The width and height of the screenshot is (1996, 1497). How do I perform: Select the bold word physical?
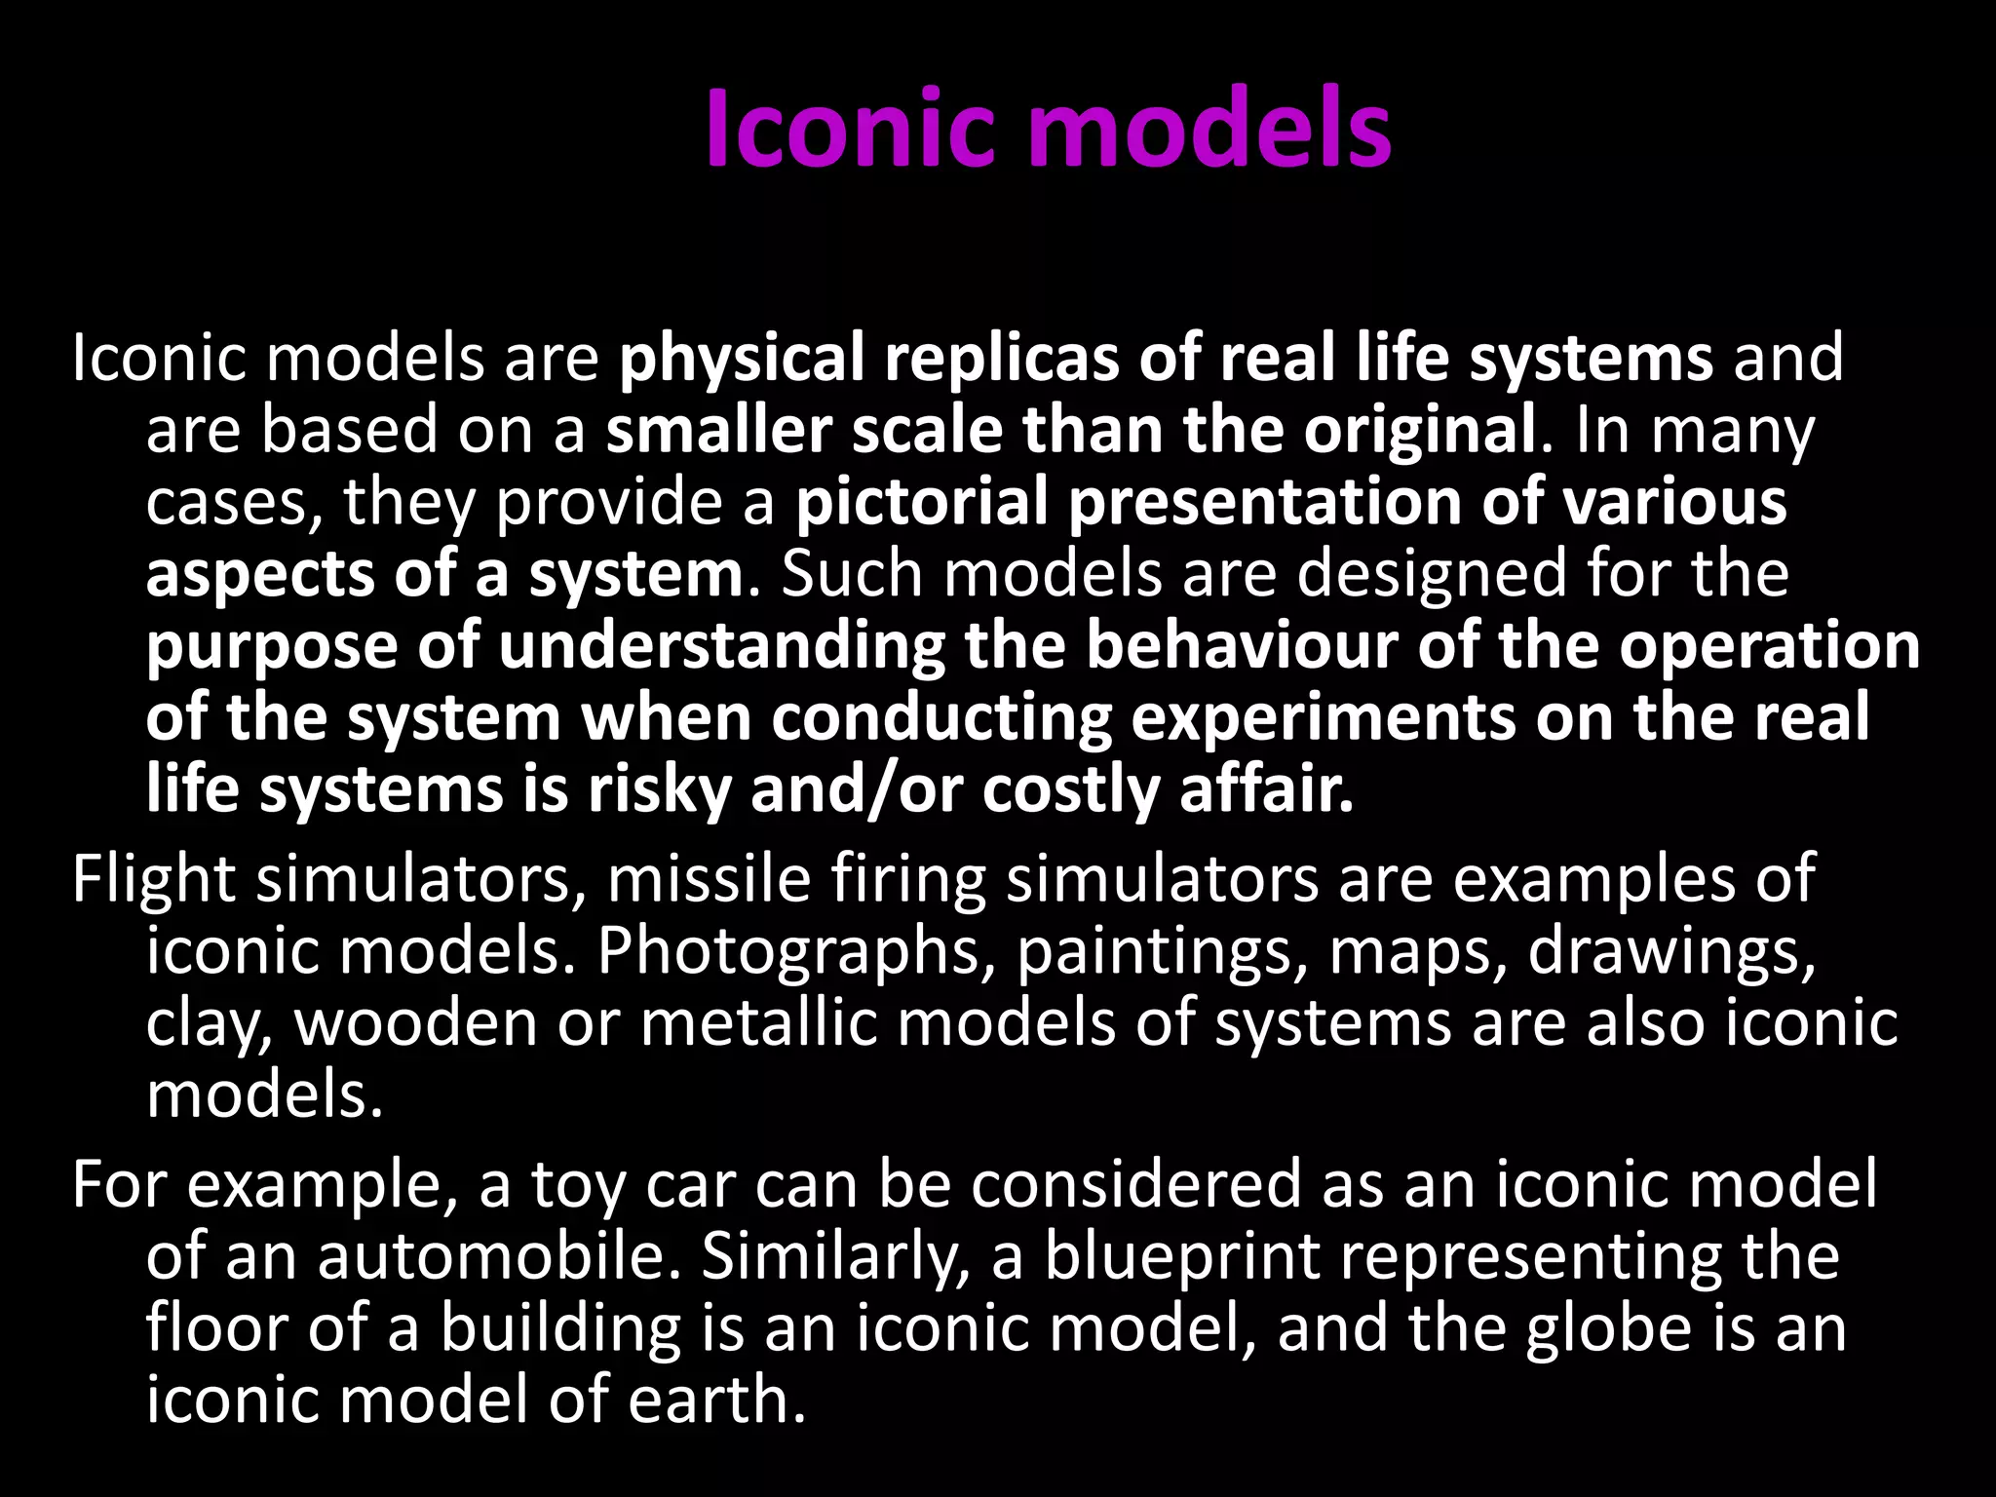(x=742, y=359)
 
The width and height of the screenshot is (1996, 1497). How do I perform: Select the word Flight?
(x=154, y=880)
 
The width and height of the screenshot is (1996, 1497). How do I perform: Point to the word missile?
(x=709, y=878)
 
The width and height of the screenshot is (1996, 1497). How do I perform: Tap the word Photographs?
(x=788, y=952)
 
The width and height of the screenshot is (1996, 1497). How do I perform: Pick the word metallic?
(x=759, y=1023)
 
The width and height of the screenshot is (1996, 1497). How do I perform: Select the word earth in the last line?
(x=716, y=1401)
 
